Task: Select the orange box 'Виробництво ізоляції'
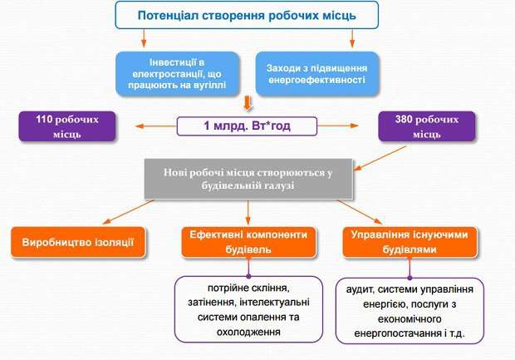coord(79,242)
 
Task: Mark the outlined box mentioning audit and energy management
coord(410,310)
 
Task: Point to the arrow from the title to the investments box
coord(145,37)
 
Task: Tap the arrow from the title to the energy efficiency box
coord(354,37)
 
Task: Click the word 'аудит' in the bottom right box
coord(361,290)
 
